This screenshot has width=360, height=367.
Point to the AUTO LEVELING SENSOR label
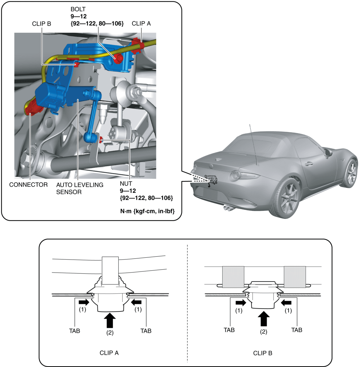80,188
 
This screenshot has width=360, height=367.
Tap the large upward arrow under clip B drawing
264,318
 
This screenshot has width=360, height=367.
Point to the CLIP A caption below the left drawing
109,353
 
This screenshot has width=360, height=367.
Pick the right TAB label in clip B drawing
297,330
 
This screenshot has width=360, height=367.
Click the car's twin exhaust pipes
228,207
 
